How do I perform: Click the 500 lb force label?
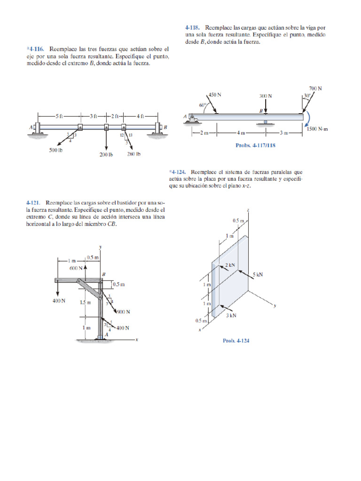click(56, 150)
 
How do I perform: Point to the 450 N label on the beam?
click(214, 94)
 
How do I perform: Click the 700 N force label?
click(315, 88)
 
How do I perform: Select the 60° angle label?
click(202, 106)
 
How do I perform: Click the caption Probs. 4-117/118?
click(255, 146)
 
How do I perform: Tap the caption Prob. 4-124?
click(236, 341)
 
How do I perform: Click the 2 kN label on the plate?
click(230, 265)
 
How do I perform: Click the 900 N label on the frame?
click(123, 312)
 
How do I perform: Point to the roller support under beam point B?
click(266, 123)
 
